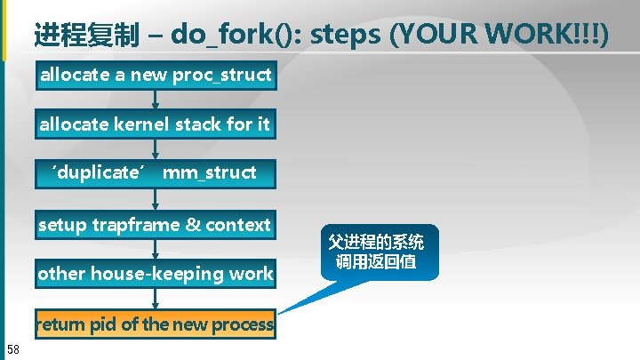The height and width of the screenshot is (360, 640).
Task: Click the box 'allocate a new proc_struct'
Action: pyautogui.click(x=155, y=76)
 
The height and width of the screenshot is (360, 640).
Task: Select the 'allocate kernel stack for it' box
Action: pyautogui.click(x=155, y=124)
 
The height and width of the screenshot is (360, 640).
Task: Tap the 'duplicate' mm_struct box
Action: pyautogui.click(x=155, y=172)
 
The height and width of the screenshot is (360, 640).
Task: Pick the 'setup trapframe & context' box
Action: pyautogui.click(x=155, y=225)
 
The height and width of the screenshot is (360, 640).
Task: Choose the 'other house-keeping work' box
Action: pyautogui.click(x=155, y=274)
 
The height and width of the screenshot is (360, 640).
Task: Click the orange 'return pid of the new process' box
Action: pyautogui.click(x=155, y=324)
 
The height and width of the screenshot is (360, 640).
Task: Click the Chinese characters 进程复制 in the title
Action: pyautogui.click(x=86, y=36)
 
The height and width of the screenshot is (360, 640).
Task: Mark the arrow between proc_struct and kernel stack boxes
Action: pyautogui.click(x=156, y=100)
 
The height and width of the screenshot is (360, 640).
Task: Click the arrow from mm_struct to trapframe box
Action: pyautogui.click(x=156, y=199)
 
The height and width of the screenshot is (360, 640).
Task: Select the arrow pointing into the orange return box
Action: pyautogui.click(x=156, y=300)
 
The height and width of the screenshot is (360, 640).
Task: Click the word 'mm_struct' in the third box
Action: pyautogui.click(x=210, y=172)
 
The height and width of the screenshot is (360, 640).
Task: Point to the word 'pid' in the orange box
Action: pyautogui.click(x=105, y=324)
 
